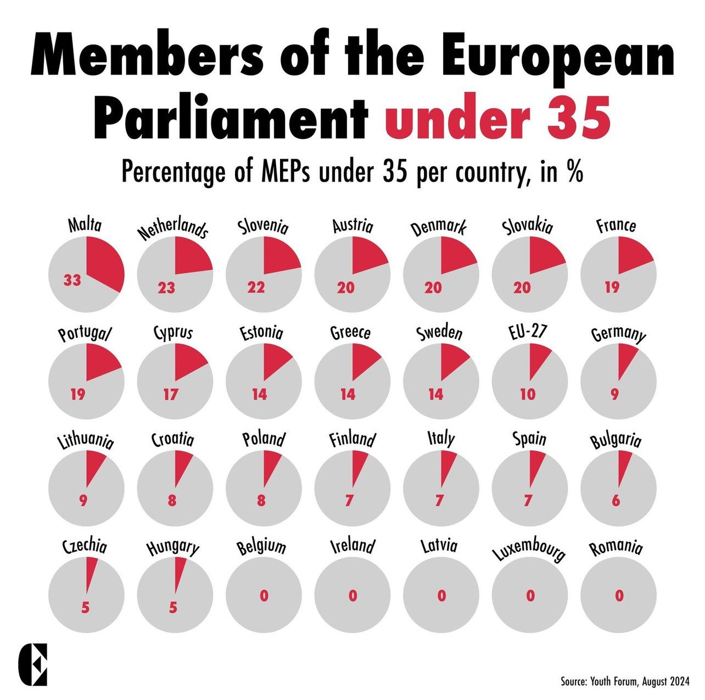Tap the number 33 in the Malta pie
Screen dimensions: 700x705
72,281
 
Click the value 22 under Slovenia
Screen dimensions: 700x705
256,287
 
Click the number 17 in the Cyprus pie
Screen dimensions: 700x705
171,394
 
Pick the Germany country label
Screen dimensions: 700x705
618,334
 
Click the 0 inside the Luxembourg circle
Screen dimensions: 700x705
530,596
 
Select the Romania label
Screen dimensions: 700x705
616,548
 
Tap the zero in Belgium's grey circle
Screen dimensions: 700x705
264,596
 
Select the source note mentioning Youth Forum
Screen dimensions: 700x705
624,681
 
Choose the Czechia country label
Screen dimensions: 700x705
85,547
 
